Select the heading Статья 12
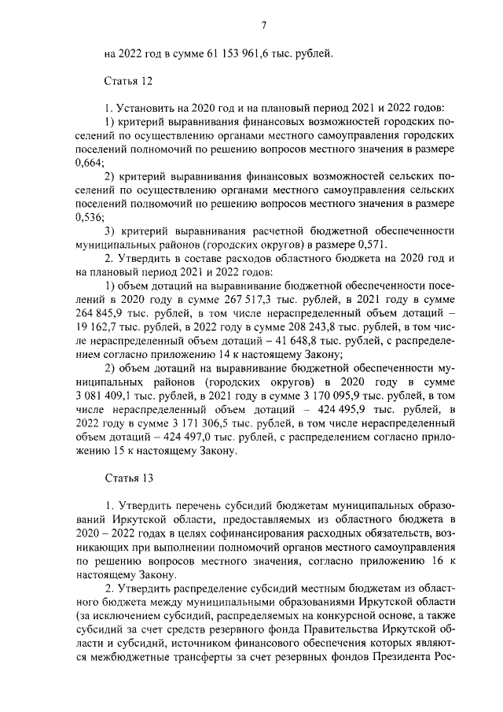click(x=127, y=80)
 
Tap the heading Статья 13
click(x=127, y=478)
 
